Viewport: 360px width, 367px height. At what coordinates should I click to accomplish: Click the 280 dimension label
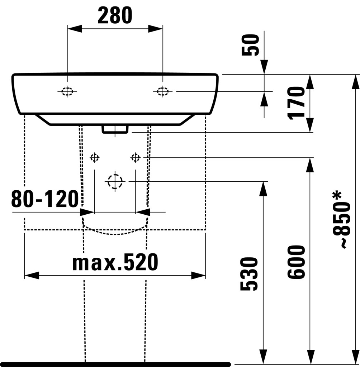115,15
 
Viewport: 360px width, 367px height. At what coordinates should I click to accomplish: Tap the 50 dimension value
250,45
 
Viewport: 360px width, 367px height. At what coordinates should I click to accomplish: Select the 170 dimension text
296,103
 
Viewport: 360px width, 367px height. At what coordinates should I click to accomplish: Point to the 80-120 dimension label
45,199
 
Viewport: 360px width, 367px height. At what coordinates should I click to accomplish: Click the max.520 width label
115,262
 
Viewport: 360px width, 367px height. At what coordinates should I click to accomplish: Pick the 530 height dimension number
249,274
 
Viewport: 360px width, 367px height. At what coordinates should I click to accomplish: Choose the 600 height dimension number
296,262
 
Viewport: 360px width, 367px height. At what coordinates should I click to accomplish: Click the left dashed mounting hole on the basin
67,91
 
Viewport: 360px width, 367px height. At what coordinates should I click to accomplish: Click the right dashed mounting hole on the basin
163,91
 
